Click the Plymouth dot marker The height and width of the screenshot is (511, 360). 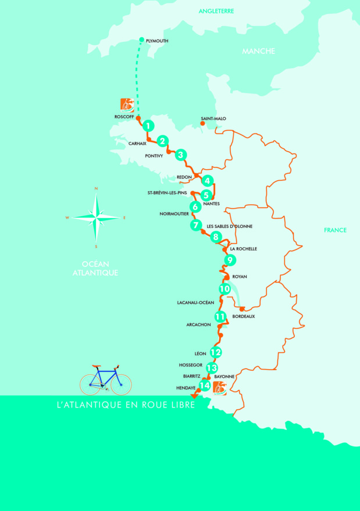coord(142,40)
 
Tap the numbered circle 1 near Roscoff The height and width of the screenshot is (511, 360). coord(149,126)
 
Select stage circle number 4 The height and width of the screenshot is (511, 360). coord(207,181)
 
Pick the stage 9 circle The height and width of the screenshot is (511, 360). coord(230,260)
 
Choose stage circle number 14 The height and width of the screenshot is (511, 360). coord(204,385)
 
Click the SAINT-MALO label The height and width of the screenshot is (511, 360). coord(213,119)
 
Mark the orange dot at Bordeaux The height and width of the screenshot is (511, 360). coord(241,309)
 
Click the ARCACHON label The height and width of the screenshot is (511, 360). coord(198,325)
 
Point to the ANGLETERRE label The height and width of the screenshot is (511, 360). coord(216,11)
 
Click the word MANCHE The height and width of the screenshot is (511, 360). coord(258,51)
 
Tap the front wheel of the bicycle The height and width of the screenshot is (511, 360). coord(122,384)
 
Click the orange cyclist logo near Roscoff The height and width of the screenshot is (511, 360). coord(127,105)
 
